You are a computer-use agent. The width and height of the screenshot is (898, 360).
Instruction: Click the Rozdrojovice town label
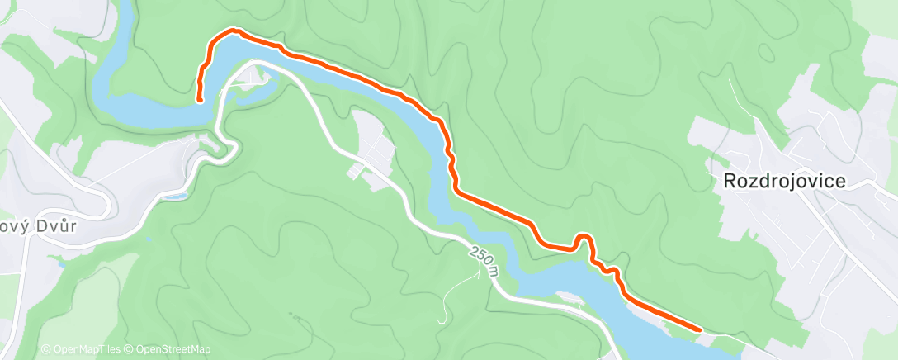click(784, 182)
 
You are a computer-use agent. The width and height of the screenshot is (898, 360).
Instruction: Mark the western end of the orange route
click(200, 100)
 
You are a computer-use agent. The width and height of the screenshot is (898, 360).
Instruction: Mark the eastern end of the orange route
click(700, 329)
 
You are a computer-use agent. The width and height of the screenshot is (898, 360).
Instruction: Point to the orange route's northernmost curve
click(232, 31)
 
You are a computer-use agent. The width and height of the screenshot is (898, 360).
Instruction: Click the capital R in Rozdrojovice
click(730, 182)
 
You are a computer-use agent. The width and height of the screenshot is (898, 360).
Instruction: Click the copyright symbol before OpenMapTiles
click(45, 349)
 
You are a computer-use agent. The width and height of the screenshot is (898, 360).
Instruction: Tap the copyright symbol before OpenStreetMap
click(130, 349)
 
